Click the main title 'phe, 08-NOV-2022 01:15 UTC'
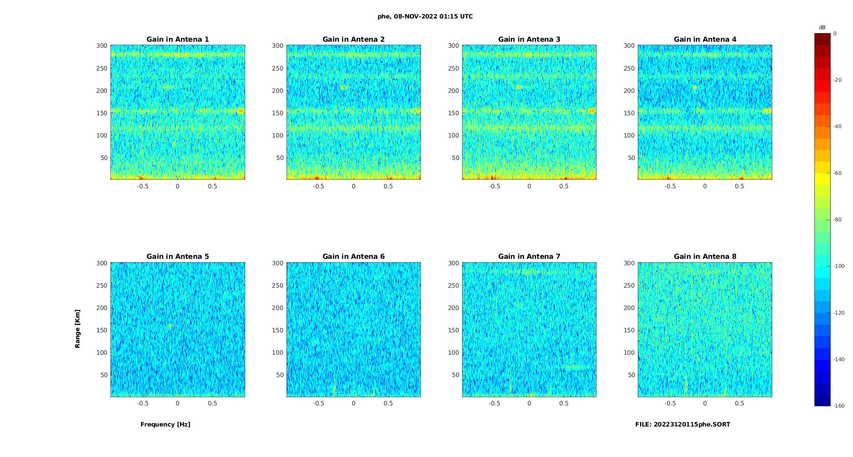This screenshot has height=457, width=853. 425,16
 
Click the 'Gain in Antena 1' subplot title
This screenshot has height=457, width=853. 178,39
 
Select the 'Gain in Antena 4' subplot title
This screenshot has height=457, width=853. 705,39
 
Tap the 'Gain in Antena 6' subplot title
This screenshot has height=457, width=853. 353,256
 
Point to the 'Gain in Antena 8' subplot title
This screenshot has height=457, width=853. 705,256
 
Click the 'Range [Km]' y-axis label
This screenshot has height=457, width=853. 77,328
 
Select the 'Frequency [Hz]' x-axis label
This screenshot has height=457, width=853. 165,424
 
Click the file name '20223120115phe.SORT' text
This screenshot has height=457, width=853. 692,424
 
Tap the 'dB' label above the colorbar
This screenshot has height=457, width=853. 822,28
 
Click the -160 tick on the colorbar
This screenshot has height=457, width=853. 839,406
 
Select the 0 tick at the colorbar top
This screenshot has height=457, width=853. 835,33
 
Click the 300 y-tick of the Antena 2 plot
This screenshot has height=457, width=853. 278,46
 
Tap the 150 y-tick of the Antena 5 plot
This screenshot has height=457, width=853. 102,330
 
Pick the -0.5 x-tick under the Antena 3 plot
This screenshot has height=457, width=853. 494,186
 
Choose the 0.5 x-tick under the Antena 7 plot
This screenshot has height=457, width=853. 564,403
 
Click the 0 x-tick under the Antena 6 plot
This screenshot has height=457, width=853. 353,403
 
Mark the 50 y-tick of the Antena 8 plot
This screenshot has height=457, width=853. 631,375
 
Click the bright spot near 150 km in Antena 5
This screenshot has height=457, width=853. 170,326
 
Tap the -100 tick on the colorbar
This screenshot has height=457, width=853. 839,266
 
